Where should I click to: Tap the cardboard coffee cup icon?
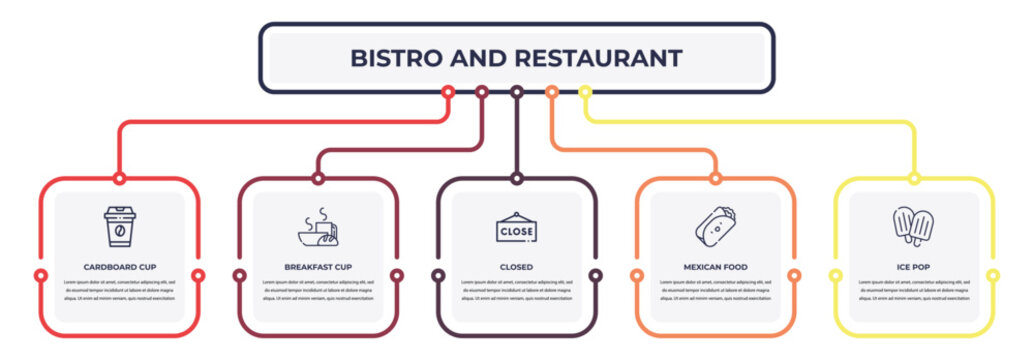(x=120, y=227)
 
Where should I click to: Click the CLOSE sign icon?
(x=516, y=229)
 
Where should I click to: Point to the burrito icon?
(x=714, y=228)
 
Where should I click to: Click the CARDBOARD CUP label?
(x=120, y=267)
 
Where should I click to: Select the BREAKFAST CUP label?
(x=318, y=267)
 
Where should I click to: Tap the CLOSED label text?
(x=516, y=267)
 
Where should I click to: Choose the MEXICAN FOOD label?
(x=715, y=267)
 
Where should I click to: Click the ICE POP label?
(x=913, y=267)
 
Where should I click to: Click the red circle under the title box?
(x=448, y=92)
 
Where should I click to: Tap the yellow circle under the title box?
(x=585, y=92)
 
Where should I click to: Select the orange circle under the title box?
(x=551, y=92)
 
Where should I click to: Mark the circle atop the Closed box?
(x=516, y=179)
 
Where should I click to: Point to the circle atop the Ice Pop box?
(x=913, y=179)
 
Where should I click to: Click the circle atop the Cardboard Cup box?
(x=120, y=179)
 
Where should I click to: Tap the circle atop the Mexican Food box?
(x=715, y=179)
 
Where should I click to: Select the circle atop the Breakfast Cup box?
(x=318, y=179)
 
